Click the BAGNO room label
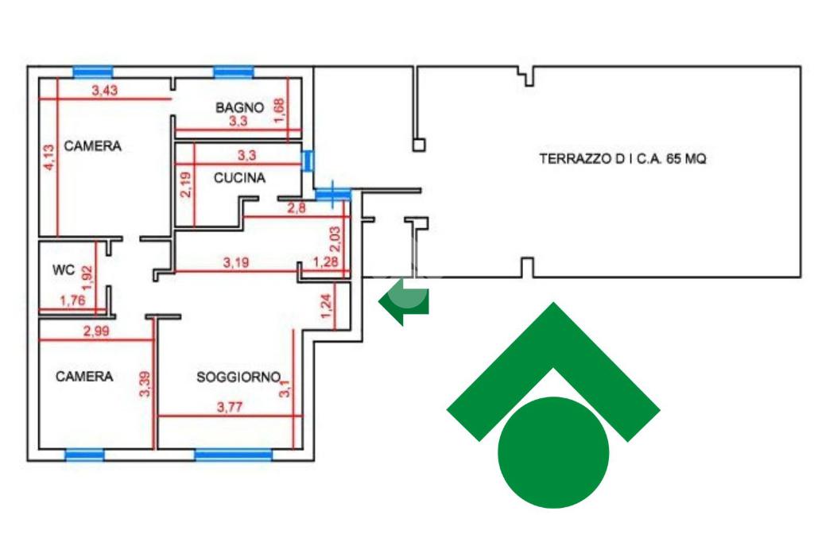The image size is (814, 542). click(x=239, y=106)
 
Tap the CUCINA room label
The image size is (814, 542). click(x=239, y=178)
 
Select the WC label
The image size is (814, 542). click(x=64, y=270)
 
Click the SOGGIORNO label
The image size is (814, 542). click(x=238, y=377)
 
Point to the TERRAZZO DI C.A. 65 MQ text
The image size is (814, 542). click(x=622, y=158)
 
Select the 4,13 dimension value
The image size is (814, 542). click(x=48, y=157)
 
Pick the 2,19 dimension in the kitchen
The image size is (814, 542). click(x=185, y=186)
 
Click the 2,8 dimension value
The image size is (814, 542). click(x=297, y=208)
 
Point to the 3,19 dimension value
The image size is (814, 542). click(x=236, y=262)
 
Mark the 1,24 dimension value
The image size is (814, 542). click(x=325, y=308)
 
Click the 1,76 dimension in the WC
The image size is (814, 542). click(x=73, y=300)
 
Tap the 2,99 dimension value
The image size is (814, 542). click(x=96, y=332)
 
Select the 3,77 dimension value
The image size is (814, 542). click(x=231, y=408)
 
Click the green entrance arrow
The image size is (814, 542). click(x=405, y=302)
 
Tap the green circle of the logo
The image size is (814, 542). click(x=553, y=452)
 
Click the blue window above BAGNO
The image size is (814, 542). click(x=234, y=72)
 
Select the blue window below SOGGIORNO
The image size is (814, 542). click(x=234, y=455)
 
